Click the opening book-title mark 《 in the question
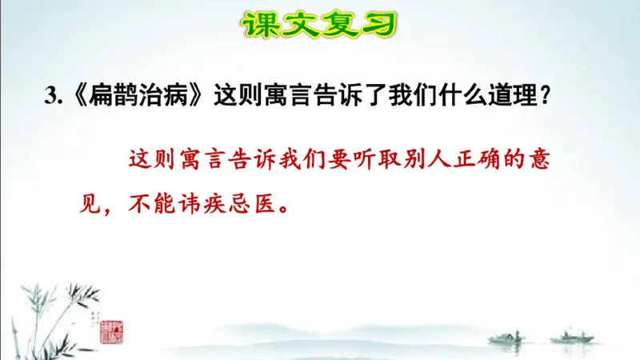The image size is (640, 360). pos(77,98)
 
